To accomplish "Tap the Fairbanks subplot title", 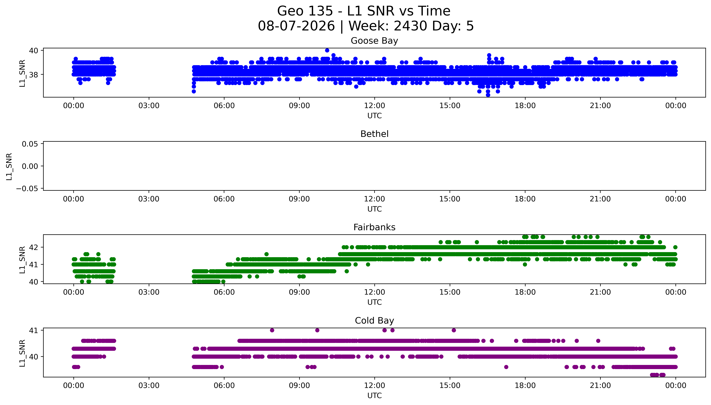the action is [374, 227].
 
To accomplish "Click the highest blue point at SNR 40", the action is [327, 50].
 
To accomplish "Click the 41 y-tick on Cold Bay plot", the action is [34, 330].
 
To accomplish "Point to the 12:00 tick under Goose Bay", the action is [375, 106].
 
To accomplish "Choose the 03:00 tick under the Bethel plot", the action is [149, 199].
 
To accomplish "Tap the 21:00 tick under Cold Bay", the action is [600, 386].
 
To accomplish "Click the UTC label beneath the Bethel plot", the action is [375, 209].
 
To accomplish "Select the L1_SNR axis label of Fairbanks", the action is [22, 260].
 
